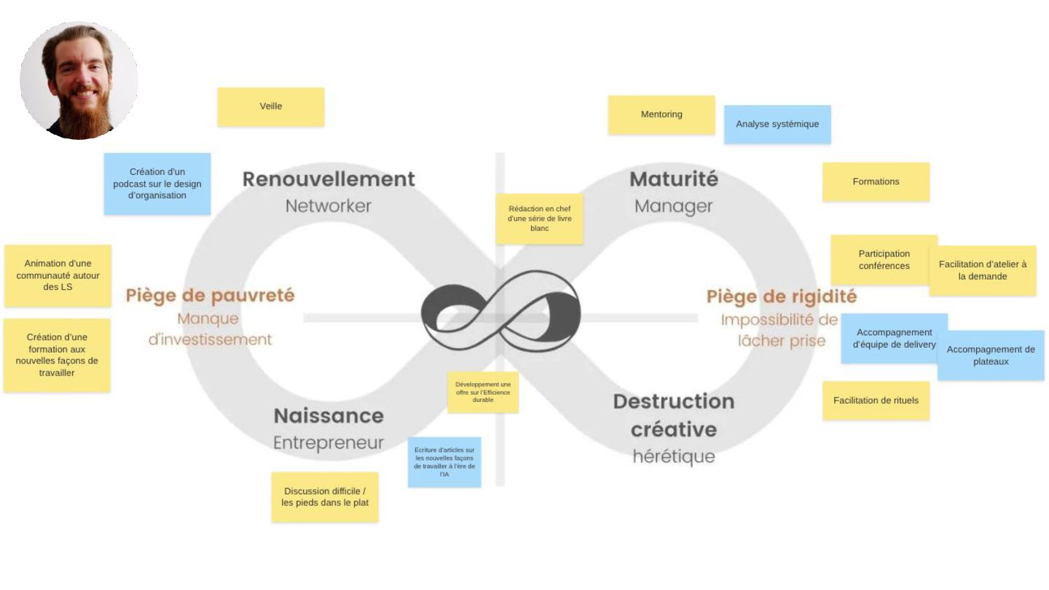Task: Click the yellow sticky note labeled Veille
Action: tap(270, 107)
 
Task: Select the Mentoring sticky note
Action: tap(661, 115)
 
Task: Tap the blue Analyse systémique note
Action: tap(777, 125)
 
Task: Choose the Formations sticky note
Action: tap(876, 182)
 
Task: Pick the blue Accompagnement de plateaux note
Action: tap(991, 355)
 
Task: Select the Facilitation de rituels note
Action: tap(876, 401)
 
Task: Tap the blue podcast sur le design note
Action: tap(157, 184)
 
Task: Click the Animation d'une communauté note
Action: tap(58, 275)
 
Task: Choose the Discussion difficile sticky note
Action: tap(325, 497)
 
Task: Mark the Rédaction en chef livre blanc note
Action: tap(540, 219)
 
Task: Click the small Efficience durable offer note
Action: tap(483, 392)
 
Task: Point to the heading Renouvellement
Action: tap(329, 179)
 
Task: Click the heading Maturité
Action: tap(674, 179)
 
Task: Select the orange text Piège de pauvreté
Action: tap(210, 296)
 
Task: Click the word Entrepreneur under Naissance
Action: tap(329, 444)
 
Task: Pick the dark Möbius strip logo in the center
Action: tap(501, 310)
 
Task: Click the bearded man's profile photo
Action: tap(79, 80)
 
